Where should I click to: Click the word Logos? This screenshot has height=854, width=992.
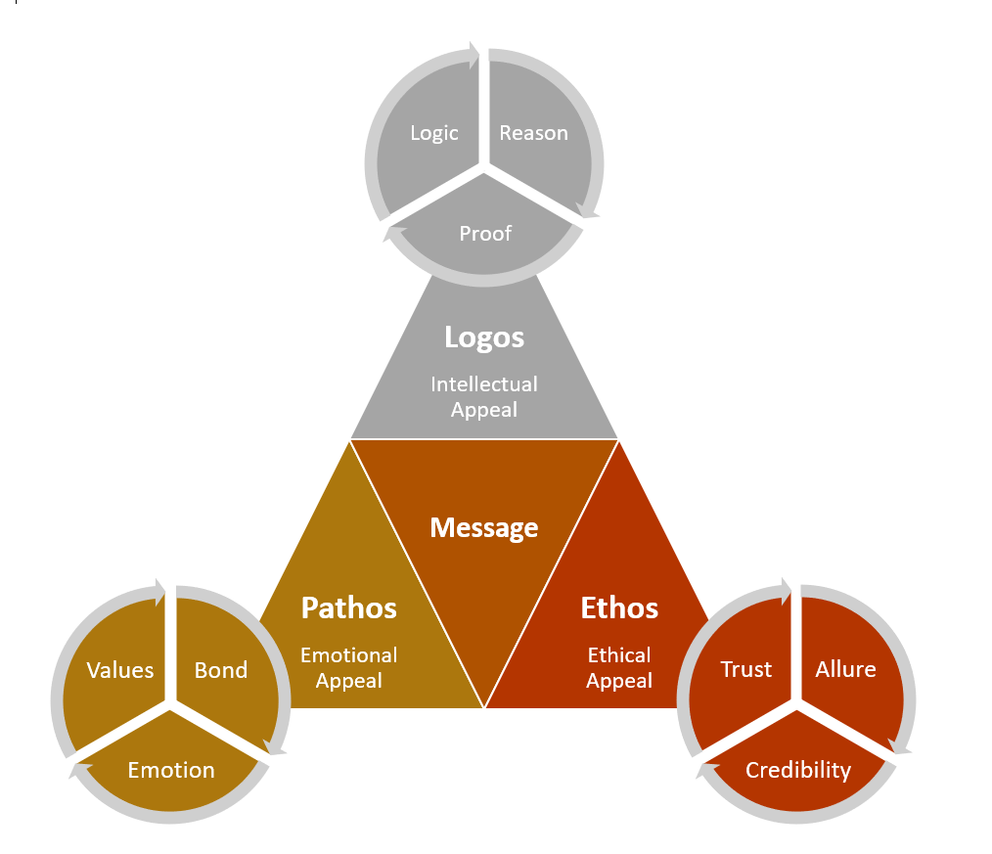(x=484, y=337)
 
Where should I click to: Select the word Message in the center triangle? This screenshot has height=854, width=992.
(x=484, y=528)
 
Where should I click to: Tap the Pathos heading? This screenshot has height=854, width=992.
(x=349, y=608)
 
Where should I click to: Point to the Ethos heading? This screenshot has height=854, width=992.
(x=619, y=608)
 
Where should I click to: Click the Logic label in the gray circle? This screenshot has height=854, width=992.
(x=434, y=133)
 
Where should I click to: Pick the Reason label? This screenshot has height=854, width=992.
(x=533, y=133)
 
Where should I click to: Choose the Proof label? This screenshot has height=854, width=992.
(x=485, y=233)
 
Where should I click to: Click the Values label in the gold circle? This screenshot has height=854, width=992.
(x=120, y=670)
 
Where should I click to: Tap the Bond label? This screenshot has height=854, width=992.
(x=221, y=670)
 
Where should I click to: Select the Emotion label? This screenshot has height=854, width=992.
(x=171, y=770)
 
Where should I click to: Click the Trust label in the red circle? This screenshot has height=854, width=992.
(x=746, y=669)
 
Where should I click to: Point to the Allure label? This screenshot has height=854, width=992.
(x=846, y=669)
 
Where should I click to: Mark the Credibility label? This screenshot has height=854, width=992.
(x=798, y=770)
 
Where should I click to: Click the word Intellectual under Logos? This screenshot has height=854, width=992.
(x=484, y=384)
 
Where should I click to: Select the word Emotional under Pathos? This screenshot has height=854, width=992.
(x=349, y=655)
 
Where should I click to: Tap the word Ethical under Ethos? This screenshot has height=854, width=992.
(x=619, y=655)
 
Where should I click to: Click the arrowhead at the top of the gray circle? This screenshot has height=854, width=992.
(x=474, y=55)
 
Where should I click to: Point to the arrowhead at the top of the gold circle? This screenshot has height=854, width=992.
(x=160, y=592)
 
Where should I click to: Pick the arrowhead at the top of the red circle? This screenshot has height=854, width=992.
(x=787, y=592)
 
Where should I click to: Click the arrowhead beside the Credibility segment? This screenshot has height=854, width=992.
(x=703, y=770)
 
